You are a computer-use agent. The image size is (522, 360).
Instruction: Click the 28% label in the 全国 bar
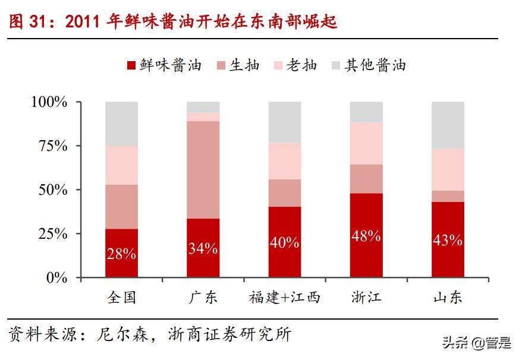click(x=122, y=254)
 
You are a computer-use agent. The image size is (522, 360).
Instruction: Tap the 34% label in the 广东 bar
click(x=203, y=248)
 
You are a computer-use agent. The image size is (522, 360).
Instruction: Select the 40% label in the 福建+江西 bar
click(x=284, y=242)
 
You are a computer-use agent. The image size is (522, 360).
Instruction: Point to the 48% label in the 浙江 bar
click(x=366, y=236)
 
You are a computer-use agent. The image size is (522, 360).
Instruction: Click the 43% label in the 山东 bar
click(x=448, y=240)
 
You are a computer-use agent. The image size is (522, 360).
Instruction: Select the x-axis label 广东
click(x=203, y=297)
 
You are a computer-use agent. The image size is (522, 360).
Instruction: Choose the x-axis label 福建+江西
click(x=284, y=297)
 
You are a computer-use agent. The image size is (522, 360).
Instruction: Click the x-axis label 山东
click(x=448, y=297)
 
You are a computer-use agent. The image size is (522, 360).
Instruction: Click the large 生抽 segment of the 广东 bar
click(x=203, y=169)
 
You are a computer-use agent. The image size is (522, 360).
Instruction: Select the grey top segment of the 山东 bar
click(x=448, y=125)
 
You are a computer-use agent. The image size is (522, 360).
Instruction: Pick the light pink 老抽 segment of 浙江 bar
click(x=366, y=143)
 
